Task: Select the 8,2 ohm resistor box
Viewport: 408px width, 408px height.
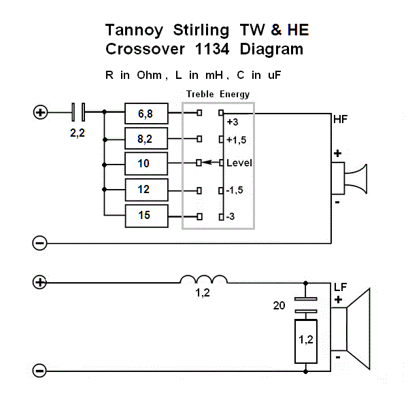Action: click(146, 139)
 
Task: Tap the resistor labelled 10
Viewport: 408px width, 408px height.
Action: click(146, 164)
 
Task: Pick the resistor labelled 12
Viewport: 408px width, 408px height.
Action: click(146, 190)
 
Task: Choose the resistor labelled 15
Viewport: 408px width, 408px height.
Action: click(146, 216)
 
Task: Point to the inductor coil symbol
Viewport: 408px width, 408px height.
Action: click(203, 279)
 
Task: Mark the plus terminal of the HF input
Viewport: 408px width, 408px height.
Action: click(40, 112)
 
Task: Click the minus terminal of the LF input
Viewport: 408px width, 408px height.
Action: click(40, 371)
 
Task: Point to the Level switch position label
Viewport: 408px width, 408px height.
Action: click(239, 164)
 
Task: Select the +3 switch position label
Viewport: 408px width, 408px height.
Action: click(233, 122)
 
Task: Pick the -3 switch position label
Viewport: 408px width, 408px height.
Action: click(231, 216)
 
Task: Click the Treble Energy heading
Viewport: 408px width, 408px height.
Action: click(218, 95)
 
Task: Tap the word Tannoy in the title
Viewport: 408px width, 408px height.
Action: click(134, 30)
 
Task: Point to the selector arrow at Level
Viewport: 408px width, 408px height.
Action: click(209, 163)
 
